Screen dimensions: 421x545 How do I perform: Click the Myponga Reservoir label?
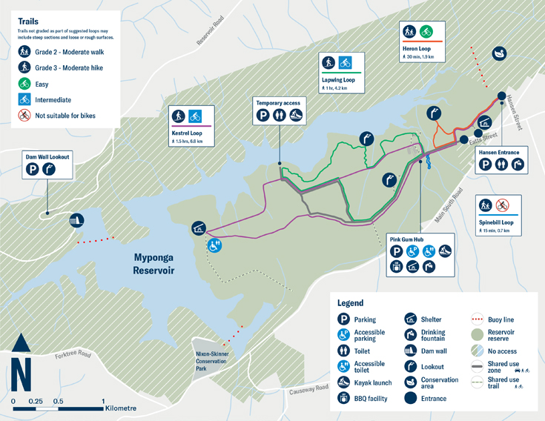pyautogui.click(x=153, y=264)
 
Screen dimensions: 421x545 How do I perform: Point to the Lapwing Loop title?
pyautogui.click(x=339, y=79)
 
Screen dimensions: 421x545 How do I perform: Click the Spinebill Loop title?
pyautogui.click(x=496, y=222)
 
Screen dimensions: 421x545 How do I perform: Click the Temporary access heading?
pyautogui.click(x=277, y=102)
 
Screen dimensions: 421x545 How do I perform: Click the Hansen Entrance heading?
pyautogui.click(x=499, y=152)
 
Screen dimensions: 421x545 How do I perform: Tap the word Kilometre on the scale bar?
pyautogui.click(x=120, y=408)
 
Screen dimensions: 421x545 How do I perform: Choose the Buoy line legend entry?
pyautogui.click(x=501, y=319)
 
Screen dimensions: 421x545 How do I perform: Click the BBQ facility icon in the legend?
pyautogui.click(x=343, y=398)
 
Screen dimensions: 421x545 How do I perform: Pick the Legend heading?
pyautogui.click(x=350, y=303)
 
